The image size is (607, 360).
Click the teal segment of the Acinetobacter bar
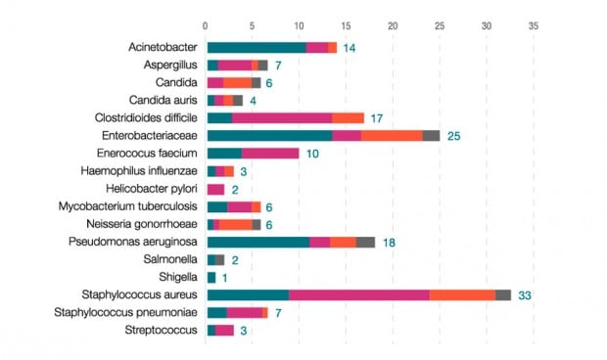[x=256, y=47]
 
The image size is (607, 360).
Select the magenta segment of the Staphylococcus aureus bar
[x=358, y=294]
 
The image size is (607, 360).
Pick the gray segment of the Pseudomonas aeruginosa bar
[x=365, y=242]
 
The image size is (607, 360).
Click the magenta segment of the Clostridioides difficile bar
[x=282, y=117]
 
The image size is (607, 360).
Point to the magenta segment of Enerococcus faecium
[x=270, y=154]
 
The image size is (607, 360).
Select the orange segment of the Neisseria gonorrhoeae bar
[x=235, y=224]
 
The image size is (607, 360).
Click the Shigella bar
[x=211, y=277]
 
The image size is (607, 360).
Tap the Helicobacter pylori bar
[x=215, y=189]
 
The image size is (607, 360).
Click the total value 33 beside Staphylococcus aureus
[x=524, y=294]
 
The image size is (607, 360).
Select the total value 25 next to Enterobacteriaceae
[x=454, y=135]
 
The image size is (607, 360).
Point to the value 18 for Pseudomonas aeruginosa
[x=389, y=242]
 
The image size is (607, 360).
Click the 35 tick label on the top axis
[x=534, y=24]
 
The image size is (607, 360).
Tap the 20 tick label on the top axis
[x=393, y=24]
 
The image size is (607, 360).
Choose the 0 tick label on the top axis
[x=206, y=24]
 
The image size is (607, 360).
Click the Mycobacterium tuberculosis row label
[x=141, y=206]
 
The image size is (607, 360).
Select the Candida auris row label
[x=164, y=100]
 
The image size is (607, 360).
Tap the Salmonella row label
[x=172, y=259]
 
